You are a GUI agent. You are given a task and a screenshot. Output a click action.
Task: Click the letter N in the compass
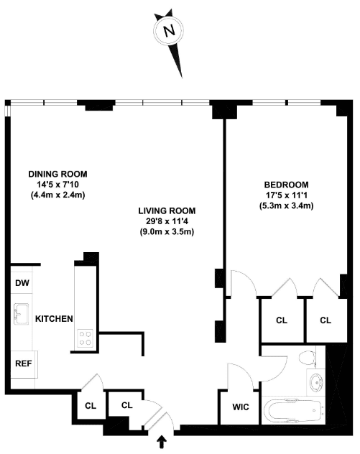169,31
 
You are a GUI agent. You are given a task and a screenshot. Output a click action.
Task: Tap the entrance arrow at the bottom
162,443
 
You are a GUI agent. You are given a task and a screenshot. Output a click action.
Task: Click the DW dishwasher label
22,283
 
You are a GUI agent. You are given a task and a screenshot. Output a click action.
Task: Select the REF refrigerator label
24,363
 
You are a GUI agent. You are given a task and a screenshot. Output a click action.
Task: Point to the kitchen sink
21,314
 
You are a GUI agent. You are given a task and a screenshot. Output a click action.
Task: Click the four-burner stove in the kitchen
85,338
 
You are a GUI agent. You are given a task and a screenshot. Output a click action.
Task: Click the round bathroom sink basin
315,382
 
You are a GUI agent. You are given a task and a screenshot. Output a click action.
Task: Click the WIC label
241,407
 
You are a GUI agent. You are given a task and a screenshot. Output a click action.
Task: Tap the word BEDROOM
286,185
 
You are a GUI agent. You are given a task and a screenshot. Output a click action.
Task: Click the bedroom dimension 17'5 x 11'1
287,195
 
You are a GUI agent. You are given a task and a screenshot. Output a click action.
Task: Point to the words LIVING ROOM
167,210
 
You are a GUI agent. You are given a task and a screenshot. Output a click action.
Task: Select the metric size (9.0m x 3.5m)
167,232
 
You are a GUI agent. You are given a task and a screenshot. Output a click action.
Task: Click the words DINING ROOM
57,174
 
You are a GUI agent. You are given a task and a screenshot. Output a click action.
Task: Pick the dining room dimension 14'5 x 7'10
57,185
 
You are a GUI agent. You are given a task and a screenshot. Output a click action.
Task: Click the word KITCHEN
54,319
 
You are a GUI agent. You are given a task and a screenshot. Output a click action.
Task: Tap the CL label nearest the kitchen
91,406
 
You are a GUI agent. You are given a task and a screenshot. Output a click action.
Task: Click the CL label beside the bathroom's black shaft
326,320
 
